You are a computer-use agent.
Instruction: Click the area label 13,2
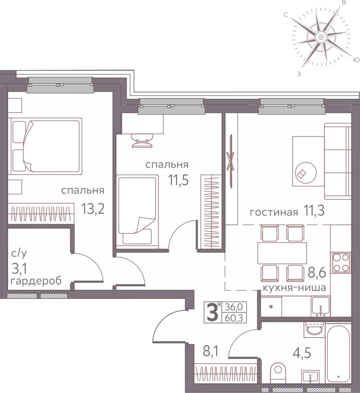pyautogui.click(x=93, y=209)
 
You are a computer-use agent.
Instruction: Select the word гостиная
pyautogui.click(x=274, y=212)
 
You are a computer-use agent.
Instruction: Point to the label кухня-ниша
pyautogui.click(x=294, y=288)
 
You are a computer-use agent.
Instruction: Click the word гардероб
pyautogui.click(x=36, y=281)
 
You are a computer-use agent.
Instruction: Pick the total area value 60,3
pyautogui.click(x=232, y=318)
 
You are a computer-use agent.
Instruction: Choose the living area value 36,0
pyautogui.click(x=232, y=307)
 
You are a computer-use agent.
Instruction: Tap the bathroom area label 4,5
pyautogui.click(x=302, y=353)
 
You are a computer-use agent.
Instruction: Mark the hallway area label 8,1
pyautogui.click(x=211, y=352)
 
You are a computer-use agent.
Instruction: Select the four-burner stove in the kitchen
pyautogui.click(x=342, y=262)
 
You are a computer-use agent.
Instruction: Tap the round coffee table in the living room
pyautogui.click(x=306, y=173)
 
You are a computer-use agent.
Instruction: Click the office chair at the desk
pyautogui.click(x=142, y=140)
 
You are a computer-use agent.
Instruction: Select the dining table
pyautogui.click(x=282, y=253)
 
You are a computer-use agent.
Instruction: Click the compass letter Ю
pyautogui.click(x=356, y=59)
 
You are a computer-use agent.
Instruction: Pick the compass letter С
pyautogui.click(x=285, y=15)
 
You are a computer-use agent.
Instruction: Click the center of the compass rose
pyautogui.click(x=321, y=37)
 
